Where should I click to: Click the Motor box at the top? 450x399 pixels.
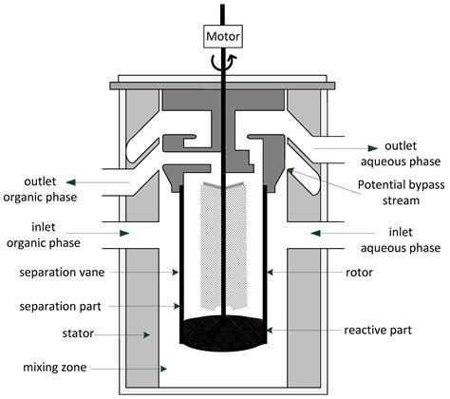point(224,37)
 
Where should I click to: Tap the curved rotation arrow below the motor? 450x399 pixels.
point(224,63)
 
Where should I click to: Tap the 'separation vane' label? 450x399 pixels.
point(57,273)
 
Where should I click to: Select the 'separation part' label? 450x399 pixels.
point(57,306)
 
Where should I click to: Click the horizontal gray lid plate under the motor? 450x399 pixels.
point(224,85)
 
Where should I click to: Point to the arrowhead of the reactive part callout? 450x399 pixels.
point(271,330)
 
